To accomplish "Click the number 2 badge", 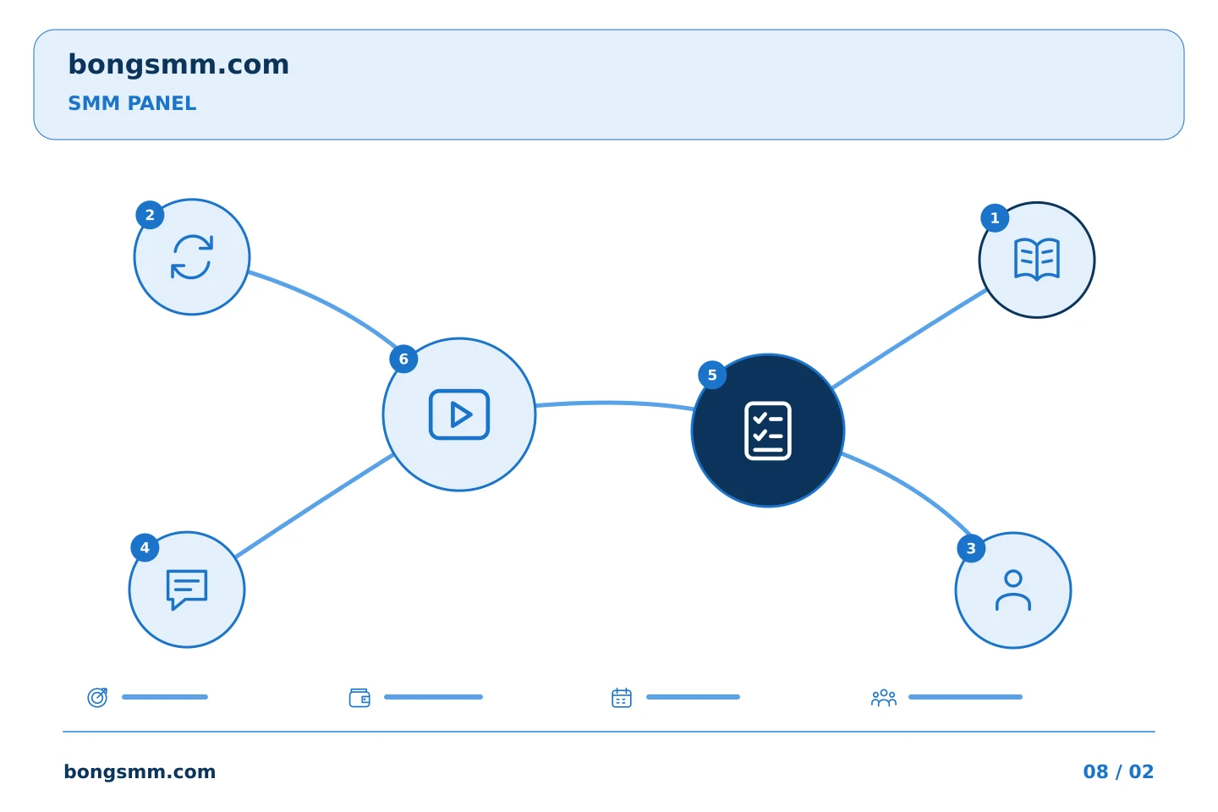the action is (150, 215).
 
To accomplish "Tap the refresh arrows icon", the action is (192, 256).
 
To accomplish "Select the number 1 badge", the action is (995, 218).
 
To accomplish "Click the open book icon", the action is (1037, 260).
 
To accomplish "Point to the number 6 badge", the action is (403, 359).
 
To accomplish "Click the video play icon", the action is (459, 414).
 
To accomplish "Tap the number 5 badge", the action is (712, 376).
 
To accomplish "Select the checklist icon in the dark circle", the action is (768, 431).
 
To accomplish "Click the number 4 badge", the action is (145, 548).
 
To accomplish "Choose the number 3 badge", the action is (971, 549).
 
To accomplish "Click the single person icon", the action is (1013, 590).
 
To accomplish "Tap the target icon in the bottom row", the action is (97, 697).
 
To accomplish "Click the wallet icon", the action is (359, 698).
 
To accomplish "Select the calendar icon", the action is (622, 698).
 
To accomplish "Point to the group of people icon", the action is (884, 698).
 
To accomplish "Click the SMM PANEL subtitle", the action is (132, 103).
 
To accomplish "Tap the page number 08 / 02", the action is (1118, 771).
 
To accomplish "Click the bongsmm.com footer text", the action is (140, 771).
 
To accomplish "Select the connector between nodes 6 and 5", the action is (614, 403).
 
